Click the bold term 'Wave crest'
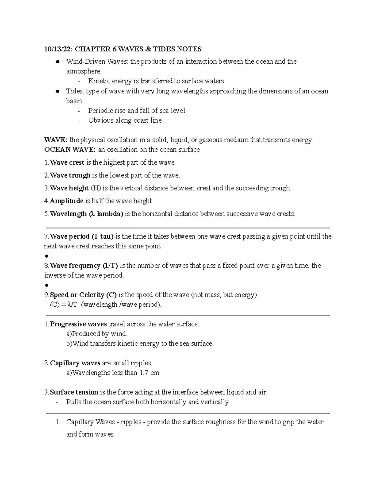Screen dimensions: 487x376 click(x=67, y=162)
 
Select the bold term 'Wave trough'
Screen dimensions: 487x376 click(x=70, y=175)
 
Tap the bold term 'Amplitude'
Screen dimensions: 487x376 click(x=66, y=201)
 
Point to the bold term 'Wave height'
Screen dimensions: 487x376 click(x=69, y=188)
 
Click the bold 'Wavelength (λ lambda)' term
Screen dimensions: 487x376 click(x=86, y=214)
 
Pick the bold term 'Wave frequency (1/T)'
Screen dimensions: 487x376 click(x=84, y=266)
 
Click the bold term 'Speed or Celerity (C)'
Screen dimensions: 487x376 click(x=83, y=295)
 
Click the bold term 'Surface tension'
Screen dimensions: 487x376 click(x=74, y=392)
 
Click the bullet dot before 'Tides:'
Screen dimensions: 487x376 click(x=57, y=92)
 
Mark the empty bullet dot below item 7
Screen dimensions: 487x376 click(x=47, y=256)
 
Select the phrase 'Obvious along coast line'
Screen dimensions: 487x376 click(x=125, y=120)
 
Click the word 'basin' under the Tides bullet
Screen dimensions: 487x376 click(x=74, y=101)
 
